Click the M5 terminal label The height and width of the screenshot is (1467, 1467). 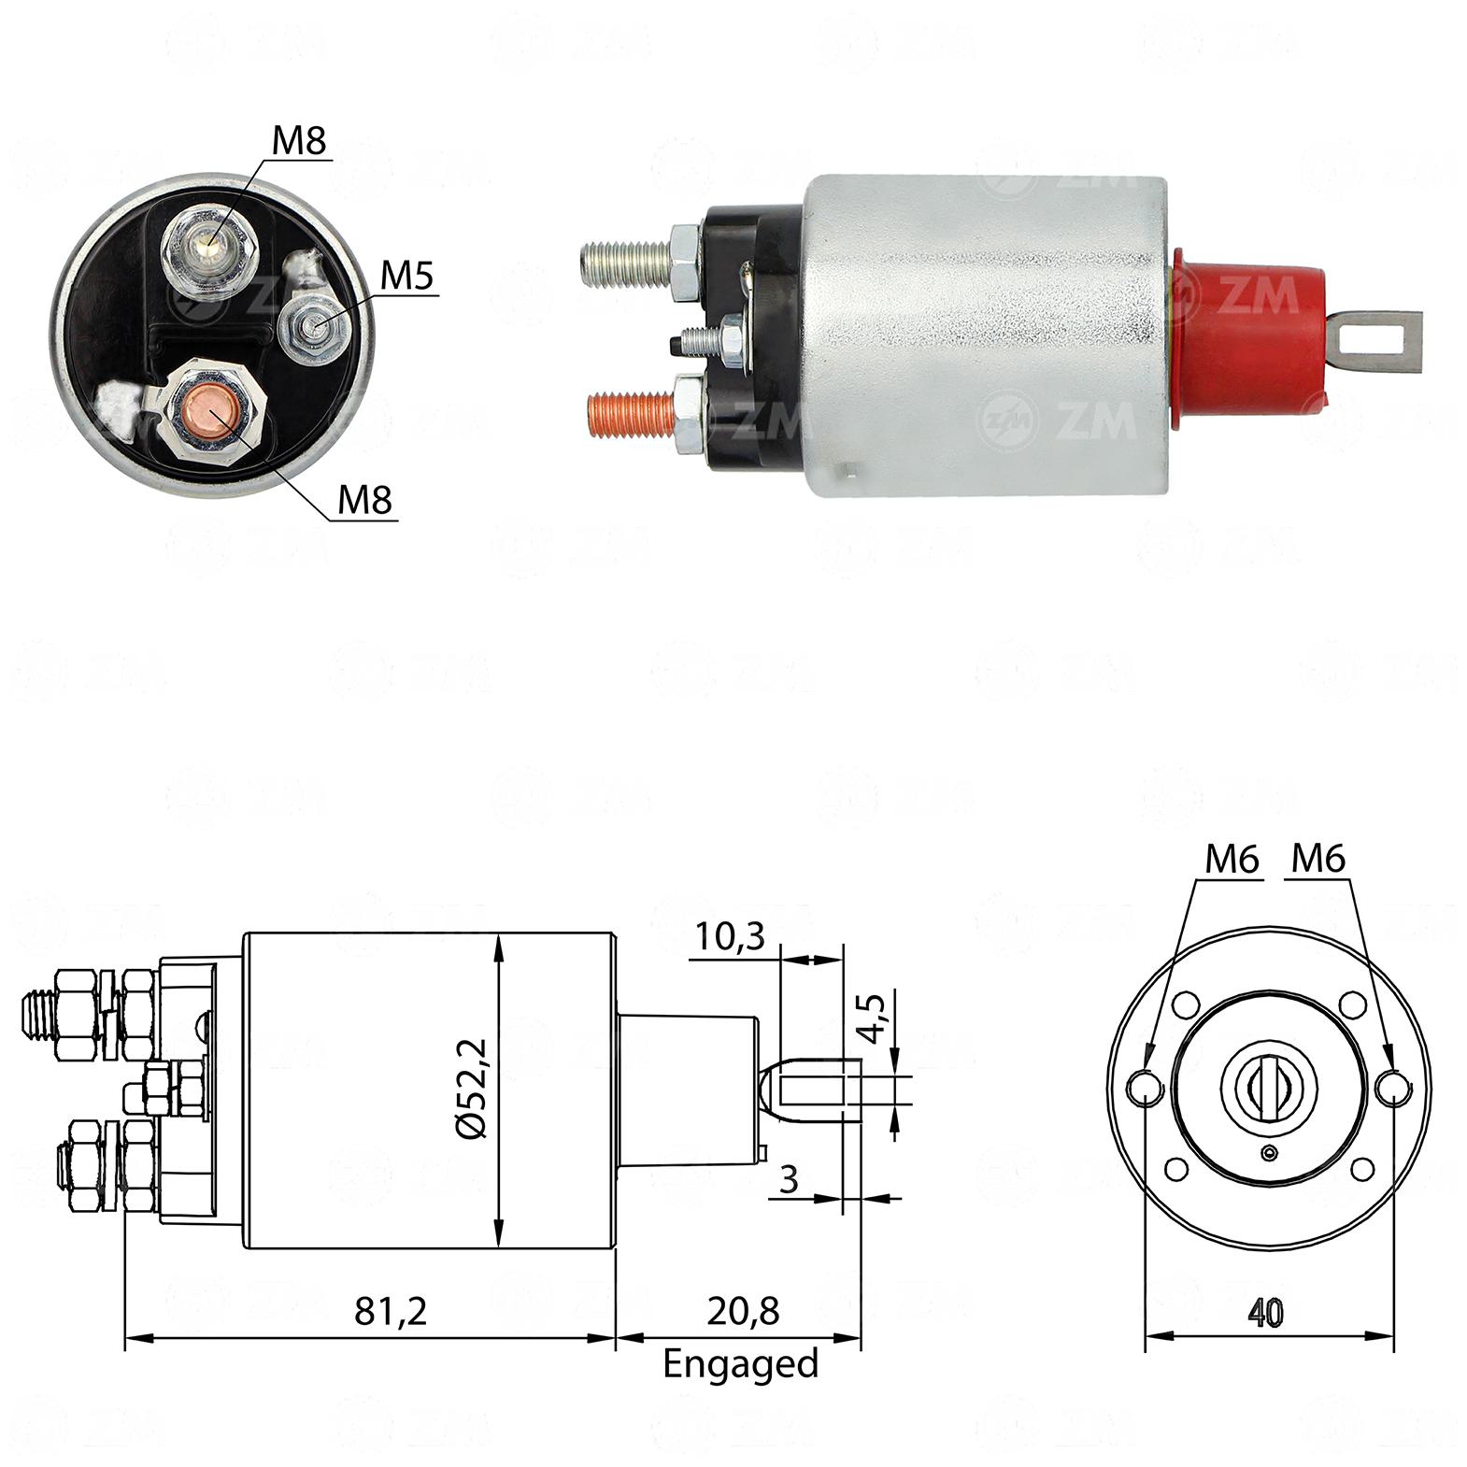tap(408, 277)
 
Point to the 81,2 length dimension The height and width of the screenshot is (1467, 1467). tap(391, 1311)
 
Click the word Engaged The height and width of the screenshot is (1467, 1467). tap(740, 1364)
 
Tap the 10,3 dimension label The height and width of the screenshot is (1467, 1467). tap(729, 934)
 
